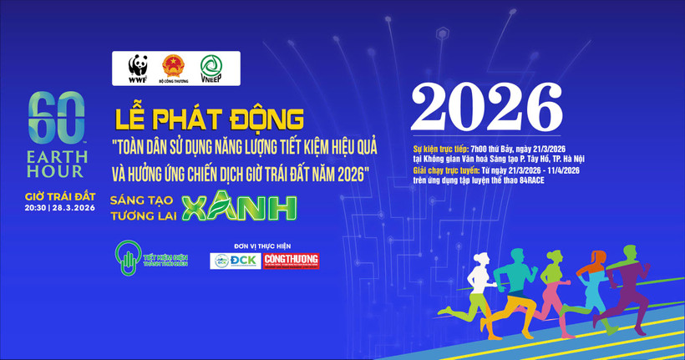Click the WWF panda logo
pos(138,67)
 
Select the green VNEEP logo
pos(212,67)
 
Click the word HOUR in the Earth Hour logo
pos(57,170)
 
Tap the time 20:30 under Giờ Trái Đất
pos(39,208)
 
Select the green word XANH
pos(240,207)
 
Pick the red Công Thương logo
pos(291,261)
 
